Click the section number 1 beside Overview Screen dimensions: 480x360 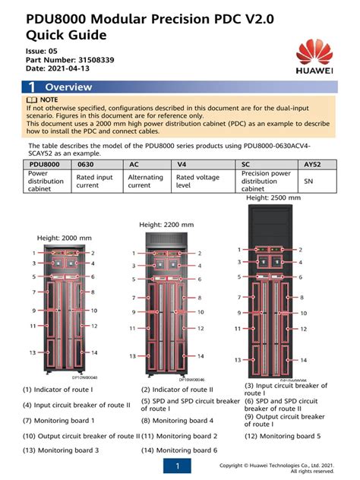pos(33,87)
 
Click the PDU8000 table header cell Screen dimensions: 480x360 pos(45,163)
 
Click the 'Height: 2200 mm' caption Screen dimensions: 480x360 pos(168,225)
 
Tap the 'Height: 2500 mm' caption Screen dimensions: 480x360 pos(274,197)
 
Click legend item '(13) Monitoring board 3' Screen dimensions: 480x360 pos(61,450)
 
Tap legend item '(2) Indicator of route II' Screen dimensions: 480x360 pos(178,390)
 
